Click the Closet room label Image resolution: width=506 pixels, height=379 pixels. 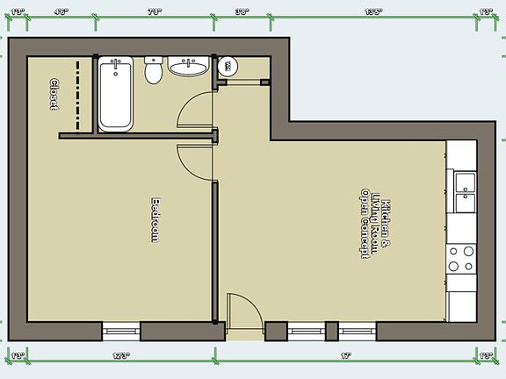pyautogui.click(x=53, y=93)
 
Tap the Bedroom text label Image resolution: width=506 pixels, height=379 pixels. pyautogui.click(x=155, y=218)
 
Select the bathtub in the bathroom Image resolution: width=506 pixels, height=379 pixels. pyautogui.click(x=115, y=93)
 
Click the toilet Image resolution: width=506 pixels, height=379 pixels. pyautogui.click(x=155, y=70)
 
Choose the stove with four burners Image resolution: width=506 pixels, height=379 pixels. pyautogui.click(x=461, y=258)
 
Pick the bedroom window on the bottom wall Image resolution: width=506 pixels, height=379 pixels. pyautogui.click(x=120, y=332)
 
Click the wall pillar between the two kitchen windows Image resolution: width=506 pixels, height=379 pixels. pyautogui.click(x=332, y=332)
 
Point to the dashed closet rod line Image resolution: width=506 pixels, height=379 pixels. pyautogui.click(x=78, y=95)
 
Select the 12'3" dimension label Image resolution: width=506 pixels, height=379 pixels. pyautogui.click(x=121, y=355)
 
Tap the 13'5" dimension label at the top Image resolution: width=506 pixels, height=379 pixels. pyautogui.click(x=373, y=12)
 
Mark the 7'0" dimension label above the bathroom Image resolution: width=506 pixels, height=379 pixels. pyautogui.click(x=155, y=12)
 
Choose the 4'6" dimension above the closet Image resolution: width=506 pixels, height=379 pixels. pyautogui.click(x=61, y=12)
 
